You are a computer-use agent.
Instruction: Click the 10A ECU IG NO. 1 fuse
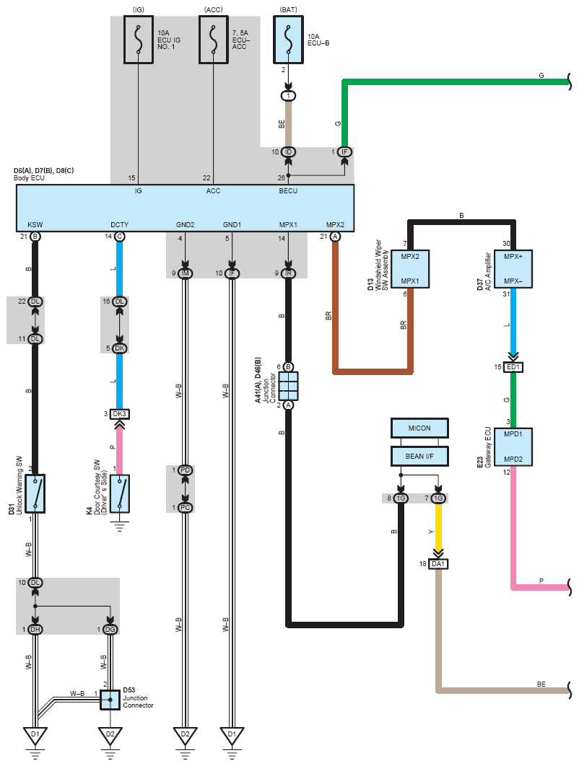139,40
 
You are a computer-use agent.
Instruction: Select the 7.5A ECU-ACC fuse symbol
213,40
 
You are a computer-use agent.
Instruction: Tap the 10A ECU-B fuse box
289,40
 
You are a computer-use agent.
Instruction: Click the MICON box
419,428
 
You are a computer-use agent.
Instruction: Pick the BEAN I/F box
419,457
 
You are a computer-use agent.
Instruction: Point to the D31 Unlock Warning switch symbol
35,493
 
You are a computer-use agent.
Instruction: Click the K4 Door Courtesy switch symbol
120,493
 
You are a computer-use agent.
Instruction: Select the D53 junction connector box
110,700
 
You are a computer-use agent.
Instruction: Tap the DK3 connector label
120,414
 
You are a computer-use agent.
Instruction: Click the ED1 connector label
513,367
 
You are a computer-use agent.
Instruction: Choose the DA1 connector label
438,564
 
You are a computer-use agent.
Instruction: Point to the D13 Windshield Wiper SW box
410,269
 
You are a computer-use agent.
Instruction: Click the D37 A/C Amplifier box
513,269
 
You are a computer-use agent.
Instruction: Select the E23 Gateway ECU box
513,446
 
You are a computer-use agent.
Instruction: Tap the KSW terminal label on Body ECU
35,225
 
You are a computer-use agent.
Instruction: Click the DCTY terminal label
119,225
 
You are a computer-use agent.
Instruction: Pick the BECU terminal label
288,191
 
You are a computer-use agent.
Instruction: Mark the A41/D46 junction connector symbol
289,386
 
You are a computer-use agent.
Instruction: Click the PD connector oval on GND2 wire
185,470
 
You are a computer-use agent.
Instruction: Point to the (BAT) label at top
289,10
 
